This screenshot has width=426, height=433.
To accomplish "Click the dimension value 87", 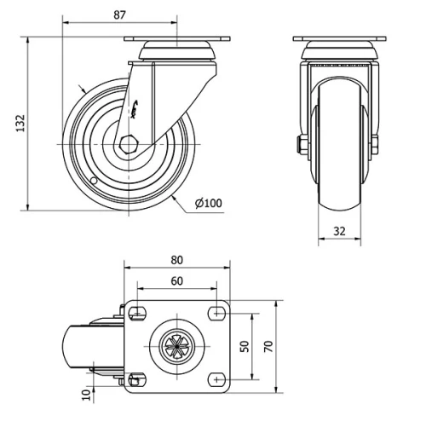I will (118, 15).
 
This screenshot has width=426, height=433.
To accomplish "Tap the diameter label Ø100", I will (208, 203).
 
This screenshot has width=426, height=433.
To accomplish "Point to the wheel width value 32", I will (339, 230).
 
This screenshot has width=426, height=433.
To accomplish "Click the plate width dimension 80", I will (177, 259).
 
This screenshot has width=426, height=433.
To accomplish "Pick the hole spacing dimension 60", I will (177, 280).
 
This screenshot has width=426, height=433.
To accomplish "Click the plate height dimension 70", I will (268, 346).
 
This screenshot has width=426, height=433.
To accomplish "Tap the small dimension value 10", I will (85, 394).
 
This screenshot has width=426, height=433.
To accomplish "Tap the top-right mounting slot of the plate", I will (216, 313).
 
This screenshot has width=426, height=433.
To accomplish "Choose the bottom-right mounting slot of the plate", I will (216, 378).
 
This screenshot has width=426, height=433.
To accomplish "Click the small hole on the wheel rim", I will (94, 182).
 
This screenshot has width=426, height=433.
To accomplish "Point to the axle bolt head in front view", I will (302, 144).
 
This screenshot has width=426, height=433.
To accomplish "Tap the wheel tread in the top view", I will (77, 346).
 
